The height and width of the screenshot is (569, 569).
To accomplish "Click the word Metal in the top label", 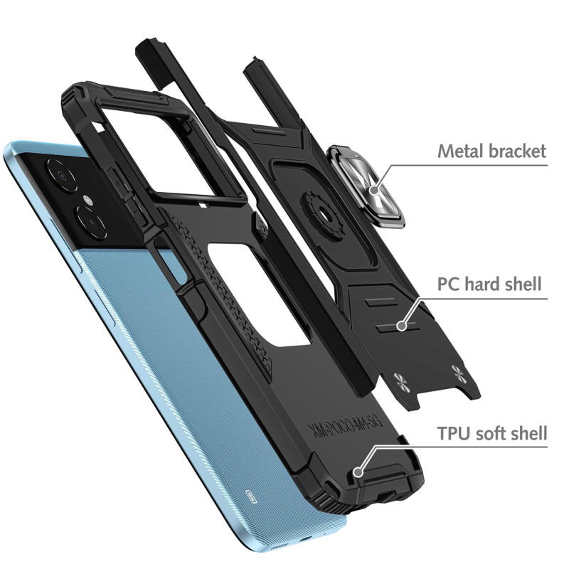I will (x=458, y=151).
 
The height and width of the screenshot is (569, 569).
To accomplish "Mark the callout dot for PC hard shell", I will (x=401, y=325).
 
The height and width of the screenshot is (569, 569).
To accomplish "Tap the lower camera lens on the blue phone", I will (x=91, y=223).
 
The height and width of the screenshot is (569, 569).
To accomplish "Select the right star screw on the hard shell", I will (x=456, y=371).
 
